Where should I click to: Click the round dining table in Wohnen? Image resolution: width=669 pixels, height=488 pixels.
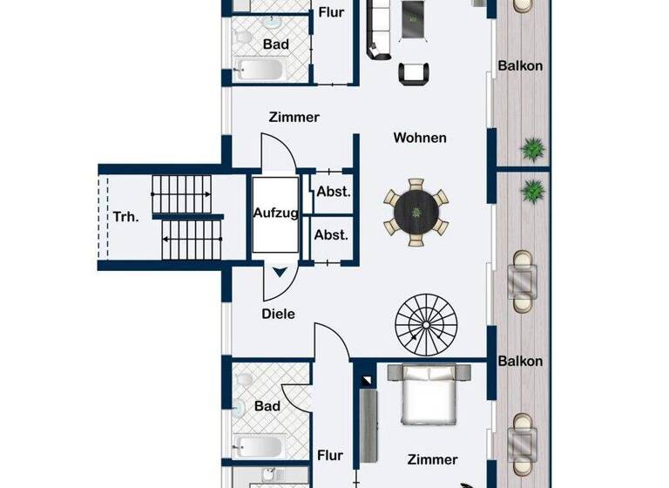pos(417,211)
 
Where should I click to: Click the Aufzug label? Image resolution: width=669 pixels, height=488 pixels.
pos(276,213)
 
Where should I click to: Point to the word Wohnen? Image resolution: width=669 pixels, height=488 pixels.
pos(419,138)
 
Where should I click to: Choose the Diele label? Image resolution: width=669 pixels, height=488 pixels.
pos(279,314)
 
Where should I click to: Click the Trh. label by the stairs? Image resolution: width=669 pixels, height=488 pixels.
pos(125,217)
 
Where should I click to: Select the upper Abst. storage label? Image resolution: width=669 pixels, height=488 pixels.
pos(332,193)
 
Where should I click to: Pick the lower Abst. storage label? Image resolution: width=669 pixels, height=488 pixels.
pos(331,235)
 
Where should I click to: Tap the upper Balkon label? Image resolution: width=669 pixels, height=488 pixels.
pos(520,65)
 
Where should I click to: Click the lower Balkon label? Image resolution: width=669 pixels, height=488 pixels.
pos(520,361)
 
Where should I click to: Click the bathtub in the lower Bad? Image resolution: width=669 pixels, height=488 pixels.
pos(258,447)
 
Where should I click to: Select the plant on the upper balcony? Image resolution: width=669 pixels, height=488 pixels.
pos(532,149)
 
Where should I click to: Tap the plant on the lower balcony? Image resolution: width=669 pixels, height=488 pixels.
pos(532,188)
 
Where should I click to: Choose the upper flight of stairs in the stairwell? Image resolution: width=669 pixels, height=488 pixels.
pos(182,186)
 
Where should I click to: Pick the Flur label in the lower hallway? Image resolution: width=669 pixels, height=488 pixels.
pos(330,455)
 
